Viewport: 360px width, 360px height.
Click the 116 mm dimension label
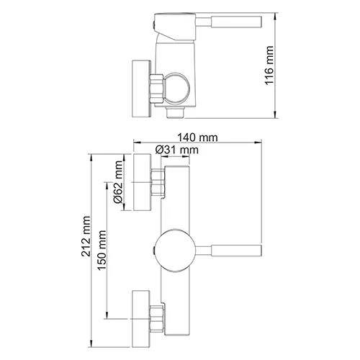(x=270, y=65)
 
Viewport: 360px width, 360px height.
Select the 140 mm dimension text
(x=199, y=137)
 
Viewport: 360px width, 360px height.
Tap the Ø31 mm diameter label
(x=176, y=150)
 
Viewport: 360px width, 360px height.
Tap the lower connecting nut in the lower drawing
(x=157, y=315)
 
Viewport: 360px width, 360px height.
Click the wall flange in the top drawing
(x=140, y=86)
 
